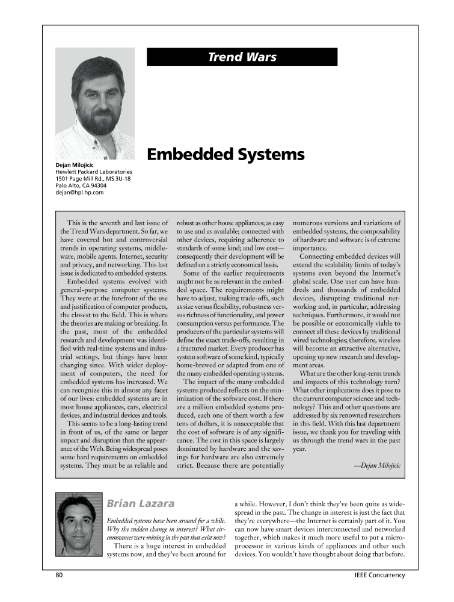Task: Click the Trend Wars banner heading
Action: [242, 57]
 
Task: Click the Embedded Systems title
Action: [225, 155]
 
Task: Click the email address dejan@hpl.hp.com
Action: [80, 193]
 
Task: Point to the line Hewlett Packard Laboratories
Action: [93, 172]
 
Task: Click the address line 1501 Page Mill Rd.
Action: [93, 179]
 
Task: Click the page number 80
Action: [60, 575]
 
